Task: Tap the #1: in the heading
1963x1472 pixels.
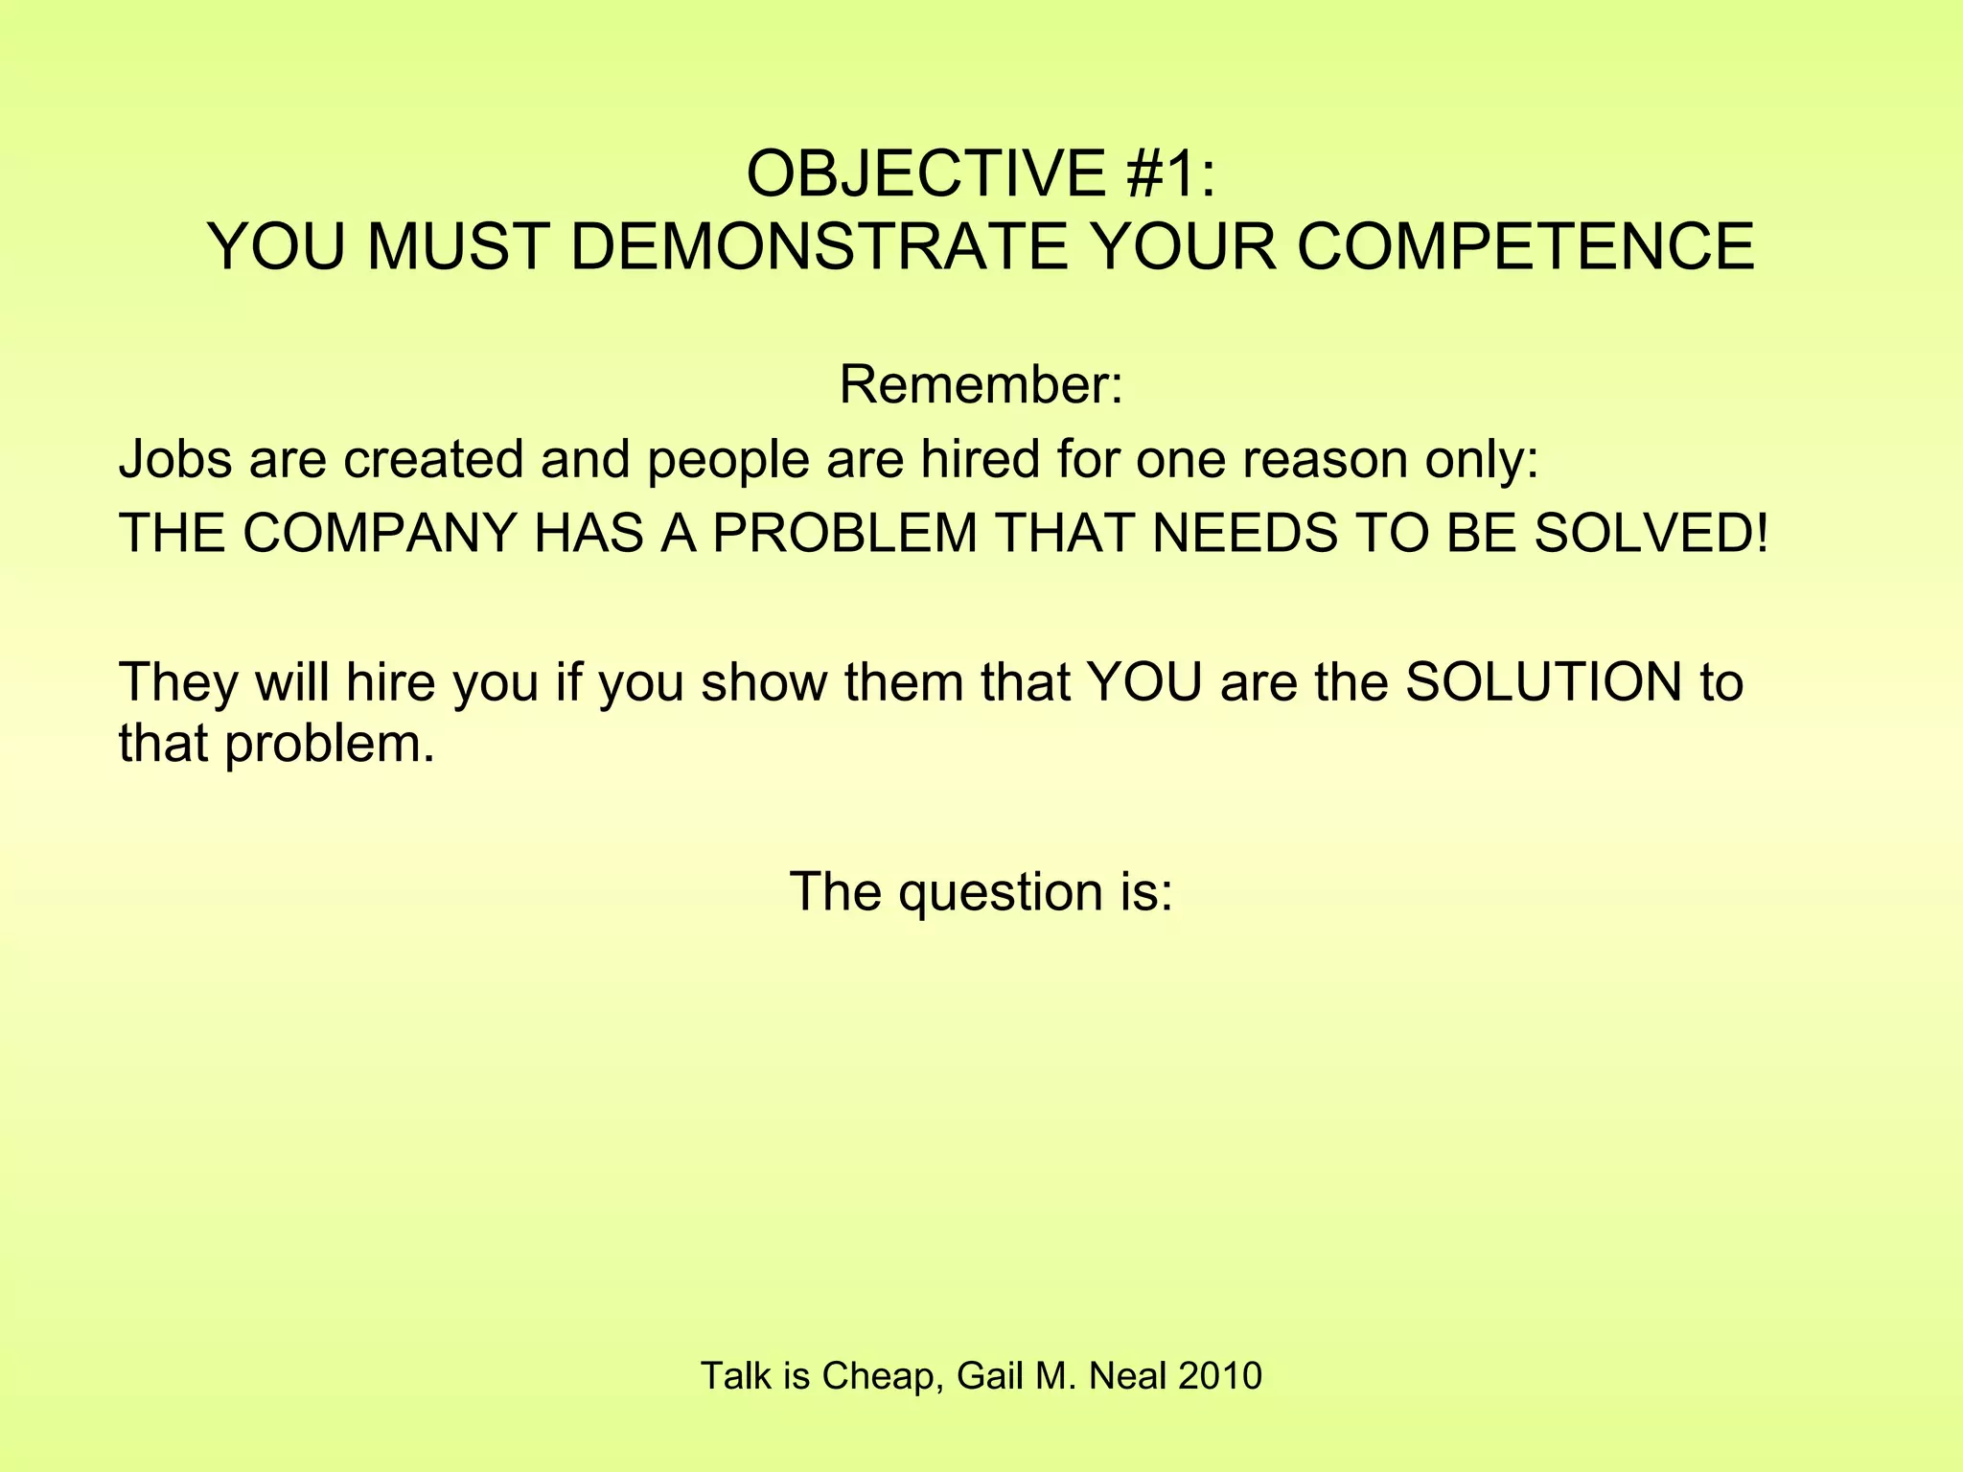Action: coord(1171,174)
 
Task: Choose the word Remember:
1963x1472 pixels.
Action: coord(981,385)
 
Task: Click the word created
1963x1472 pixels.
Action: coord(433,459)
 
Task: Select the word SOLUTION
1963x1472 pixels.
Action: coord(1543,682)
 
